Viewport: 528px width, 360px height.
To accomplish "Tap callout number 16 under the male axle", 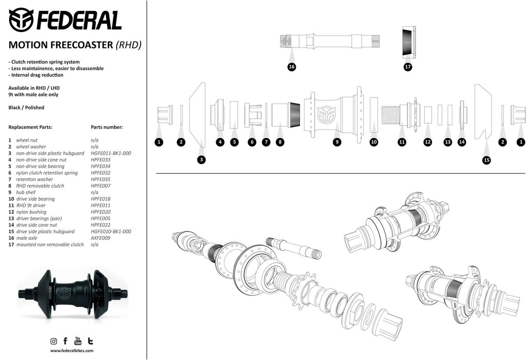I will (292, 67).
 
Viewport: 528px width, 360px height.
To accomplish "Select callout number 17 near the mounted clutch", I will (408, 67).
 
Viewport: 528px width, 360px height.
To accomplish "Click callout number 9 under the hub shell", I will (337, 142).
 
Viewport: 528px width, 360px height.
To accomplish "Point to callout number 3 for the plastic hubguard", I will (202, 160).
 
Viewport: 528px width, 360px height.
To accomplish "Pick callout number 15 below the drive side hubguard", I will (486, 160).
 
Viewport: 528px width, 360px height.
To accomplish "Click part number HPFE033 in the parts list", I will (101, 159).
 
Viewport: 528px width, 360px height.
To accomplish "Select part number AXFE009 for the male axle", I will (101, 238).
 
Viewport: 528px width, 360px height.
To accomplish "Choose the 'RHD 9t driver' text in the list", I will (30, 205).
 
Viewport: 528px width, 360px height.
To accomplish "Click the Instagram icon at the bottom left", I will (54, 341).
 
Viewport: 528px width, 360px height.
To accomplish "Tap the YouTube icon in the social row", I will (78, 341).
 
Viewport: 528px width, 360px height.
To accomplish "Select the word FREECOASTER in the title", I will (79, 45).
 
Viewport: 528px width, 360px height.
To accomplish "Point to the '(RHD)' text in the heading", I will (128, 45).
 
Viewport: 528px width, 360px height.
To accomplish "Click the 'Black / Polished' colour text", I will (26, 107).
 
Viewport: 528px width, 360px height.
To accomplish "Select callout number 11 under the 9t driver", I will (402, 142).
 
